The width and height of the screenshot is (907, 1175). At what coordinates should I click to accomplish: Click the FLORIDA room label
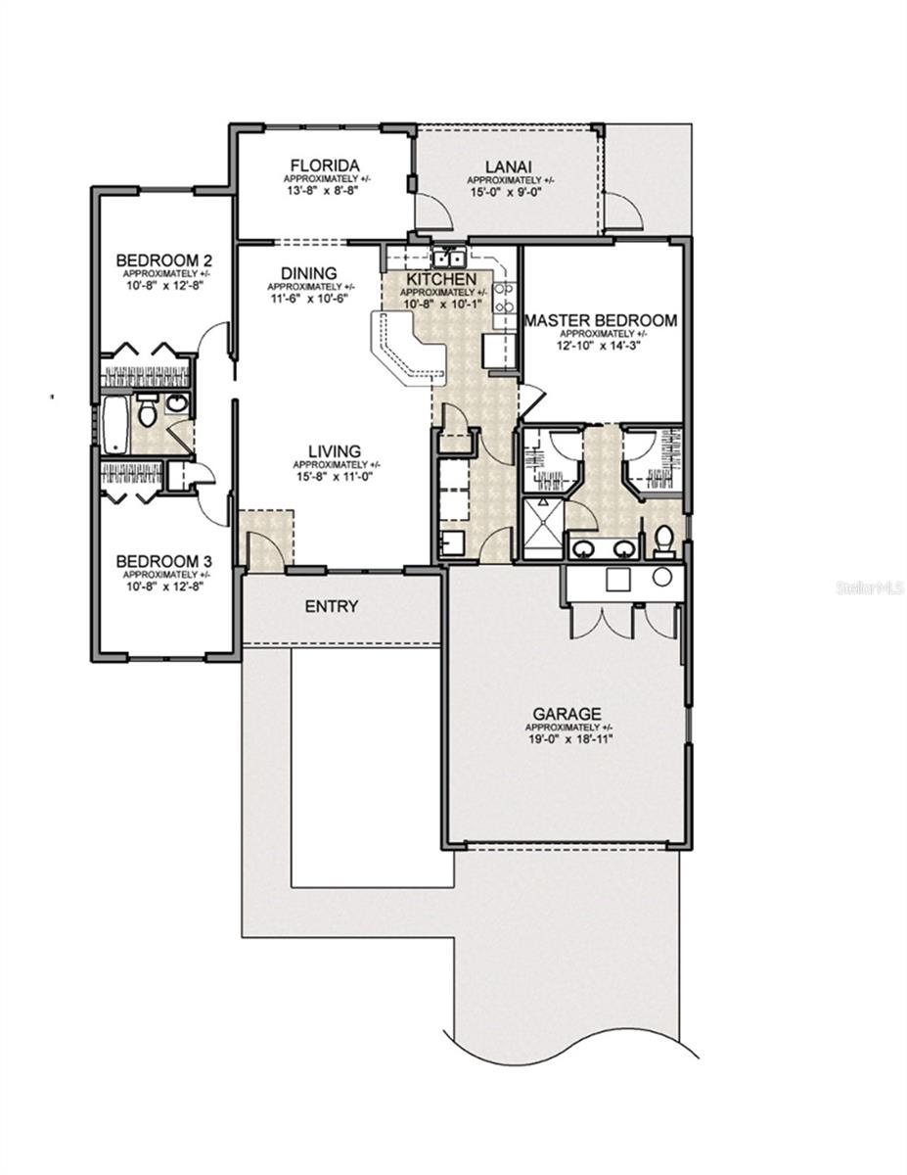[x=324, y=164]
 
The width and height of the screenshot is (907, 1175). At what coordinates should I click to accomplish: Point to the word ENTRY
[x=331, y=607]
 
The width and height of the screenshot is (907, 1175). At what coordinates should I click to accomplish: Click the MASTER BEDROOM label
[x=601, y=320]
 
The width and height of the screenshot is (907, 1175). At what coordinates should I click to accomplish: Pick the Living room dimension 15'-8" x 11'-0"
[x=336, y=477]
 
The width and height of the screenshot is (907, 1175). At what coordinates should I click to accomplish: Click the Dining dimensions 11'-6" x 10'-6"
[x=308, y=298]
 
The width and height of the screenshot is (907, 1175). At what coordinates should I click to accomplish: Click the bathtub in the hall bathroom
[x=115, y=425]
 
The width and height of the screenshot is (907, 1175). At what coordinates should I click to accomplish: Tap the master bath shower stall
[x=545, y=529]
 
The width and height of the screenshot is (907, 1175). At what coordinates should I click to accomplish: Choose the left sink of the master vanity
[x=583, y=548]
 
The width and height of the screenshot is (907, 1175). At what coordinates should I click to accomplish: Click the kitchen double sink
[x=448, y=258]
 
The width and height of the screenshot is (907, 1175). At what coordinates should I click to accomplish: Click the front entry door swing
[x=264, y=550]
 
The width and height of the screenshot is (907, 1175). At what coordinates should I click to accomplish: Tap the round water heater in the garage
[x=661, y=577]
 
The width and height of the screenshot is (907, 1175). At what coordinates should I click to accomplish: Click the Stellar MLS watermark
[x=870, y=587]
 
